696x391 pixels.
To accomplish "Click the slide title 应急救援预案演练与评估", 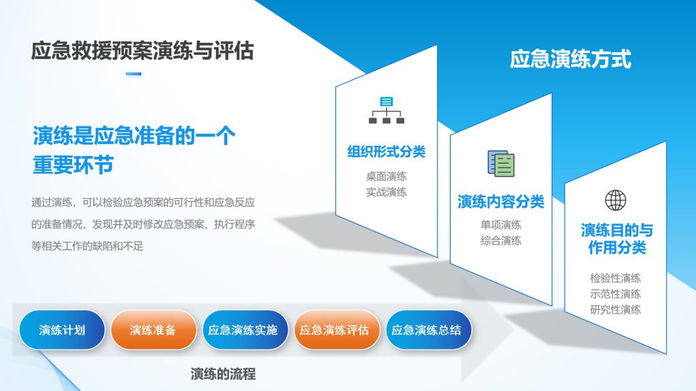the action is point(143,51).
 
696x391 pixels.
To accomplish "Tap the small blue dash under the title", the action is point(134,74).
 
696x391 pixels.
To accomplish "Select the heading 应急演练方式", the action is point(570,59).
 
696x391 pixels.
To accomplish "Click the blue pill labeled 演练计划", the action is point(62,330).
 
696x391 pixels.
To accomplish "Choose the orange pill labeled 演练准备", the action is point(153,330).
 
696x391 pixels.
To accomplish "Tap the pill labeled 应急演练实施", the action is point(243,330).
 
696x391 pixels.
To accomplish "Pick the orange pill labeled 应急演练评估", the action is point(334,330).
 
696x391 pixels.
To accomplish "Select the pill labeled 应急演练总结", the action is point(426,330).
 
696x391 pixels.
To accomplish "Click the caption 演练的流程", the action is point(223,374).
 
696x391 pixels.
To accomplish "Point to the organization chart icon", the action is point(387,110).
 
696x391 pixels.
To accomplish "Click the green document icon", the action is point(501,164).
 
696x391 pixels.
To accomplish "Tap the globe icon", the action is point(616,200).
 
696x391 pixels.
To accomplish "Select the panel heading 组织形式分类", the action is point(386,151).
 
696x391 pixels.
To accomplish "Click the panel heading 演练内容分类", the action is point(501,202).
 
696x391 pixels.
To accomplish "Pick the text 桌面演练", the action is point(386,176).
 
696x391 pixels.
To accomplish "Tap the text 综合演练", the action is point(501,241).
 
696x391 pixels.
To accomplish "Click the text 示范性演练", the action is point(615,294).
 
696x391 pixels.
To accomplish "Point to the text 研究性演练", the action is point(615,310).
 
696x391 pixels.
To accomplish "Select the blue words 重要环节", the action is point(73,165).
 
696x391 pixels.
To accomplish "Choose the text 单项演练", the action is point(501,225).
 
